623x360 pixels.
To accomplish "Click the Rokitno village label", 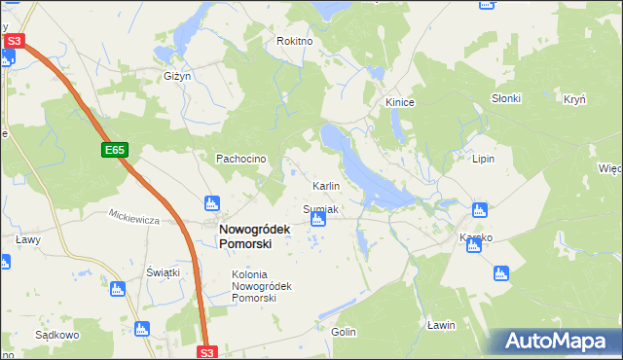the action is pos(294,41).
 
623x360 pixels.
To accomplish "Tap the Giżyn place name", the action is pos(176,75).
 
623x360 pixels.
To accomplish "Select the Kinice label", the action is pos(400,101).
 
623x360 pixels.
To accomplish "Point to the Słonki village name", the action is pos(506,98).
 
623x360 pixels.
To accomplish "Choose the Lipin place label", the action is pos(484,158).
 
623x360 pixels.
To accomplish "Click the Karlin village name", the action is pos(325,185).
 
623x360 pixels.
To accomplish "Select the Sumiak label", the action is pos(320,209).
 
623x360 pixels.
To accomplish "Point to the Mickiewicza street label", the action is pos(133,219).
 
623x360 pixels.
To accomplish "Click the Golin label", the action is pos(344,332).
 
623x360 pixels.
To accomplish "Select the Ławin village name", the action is pos(441,324).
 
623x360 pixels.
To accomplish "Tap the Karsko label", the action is pos(476,237).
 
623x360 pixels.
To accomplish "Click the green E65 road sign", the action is pos(115,150).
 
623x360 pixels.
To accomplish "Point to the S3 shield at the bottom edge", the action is pos(206,352).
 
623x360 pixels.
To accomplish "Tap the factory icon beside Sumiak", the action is pos(316,222).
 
